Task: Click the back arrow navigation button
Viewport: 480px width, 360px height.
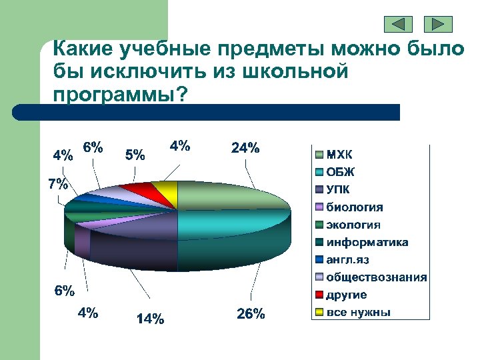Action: tap(399, 25)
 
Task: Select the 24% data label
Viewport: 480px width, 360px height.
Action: tap(245, 149)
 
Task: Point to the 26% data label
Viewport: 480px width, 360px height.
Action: tap(251, 314)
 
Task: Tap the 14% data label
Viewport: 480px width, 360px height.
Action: tap(149, 319)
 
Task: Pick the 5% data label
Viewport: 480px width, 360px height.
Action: tap(135, 155)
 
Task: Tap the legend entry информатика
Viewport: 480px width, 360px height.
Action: tap(367, 243)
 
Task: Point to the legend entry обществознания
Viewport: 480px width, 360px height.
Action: tap(376, 277)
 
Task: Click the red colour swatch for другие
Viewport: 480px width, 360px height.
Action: tap(319, 295)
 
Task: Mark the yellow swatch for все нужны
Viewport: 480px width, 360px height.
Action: tap(319, 312)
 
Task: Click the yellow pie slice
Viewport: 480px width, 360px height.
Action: tap(167, 189)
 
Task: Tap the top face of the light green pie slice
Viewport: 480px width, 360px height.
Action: tap(227, 197)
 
